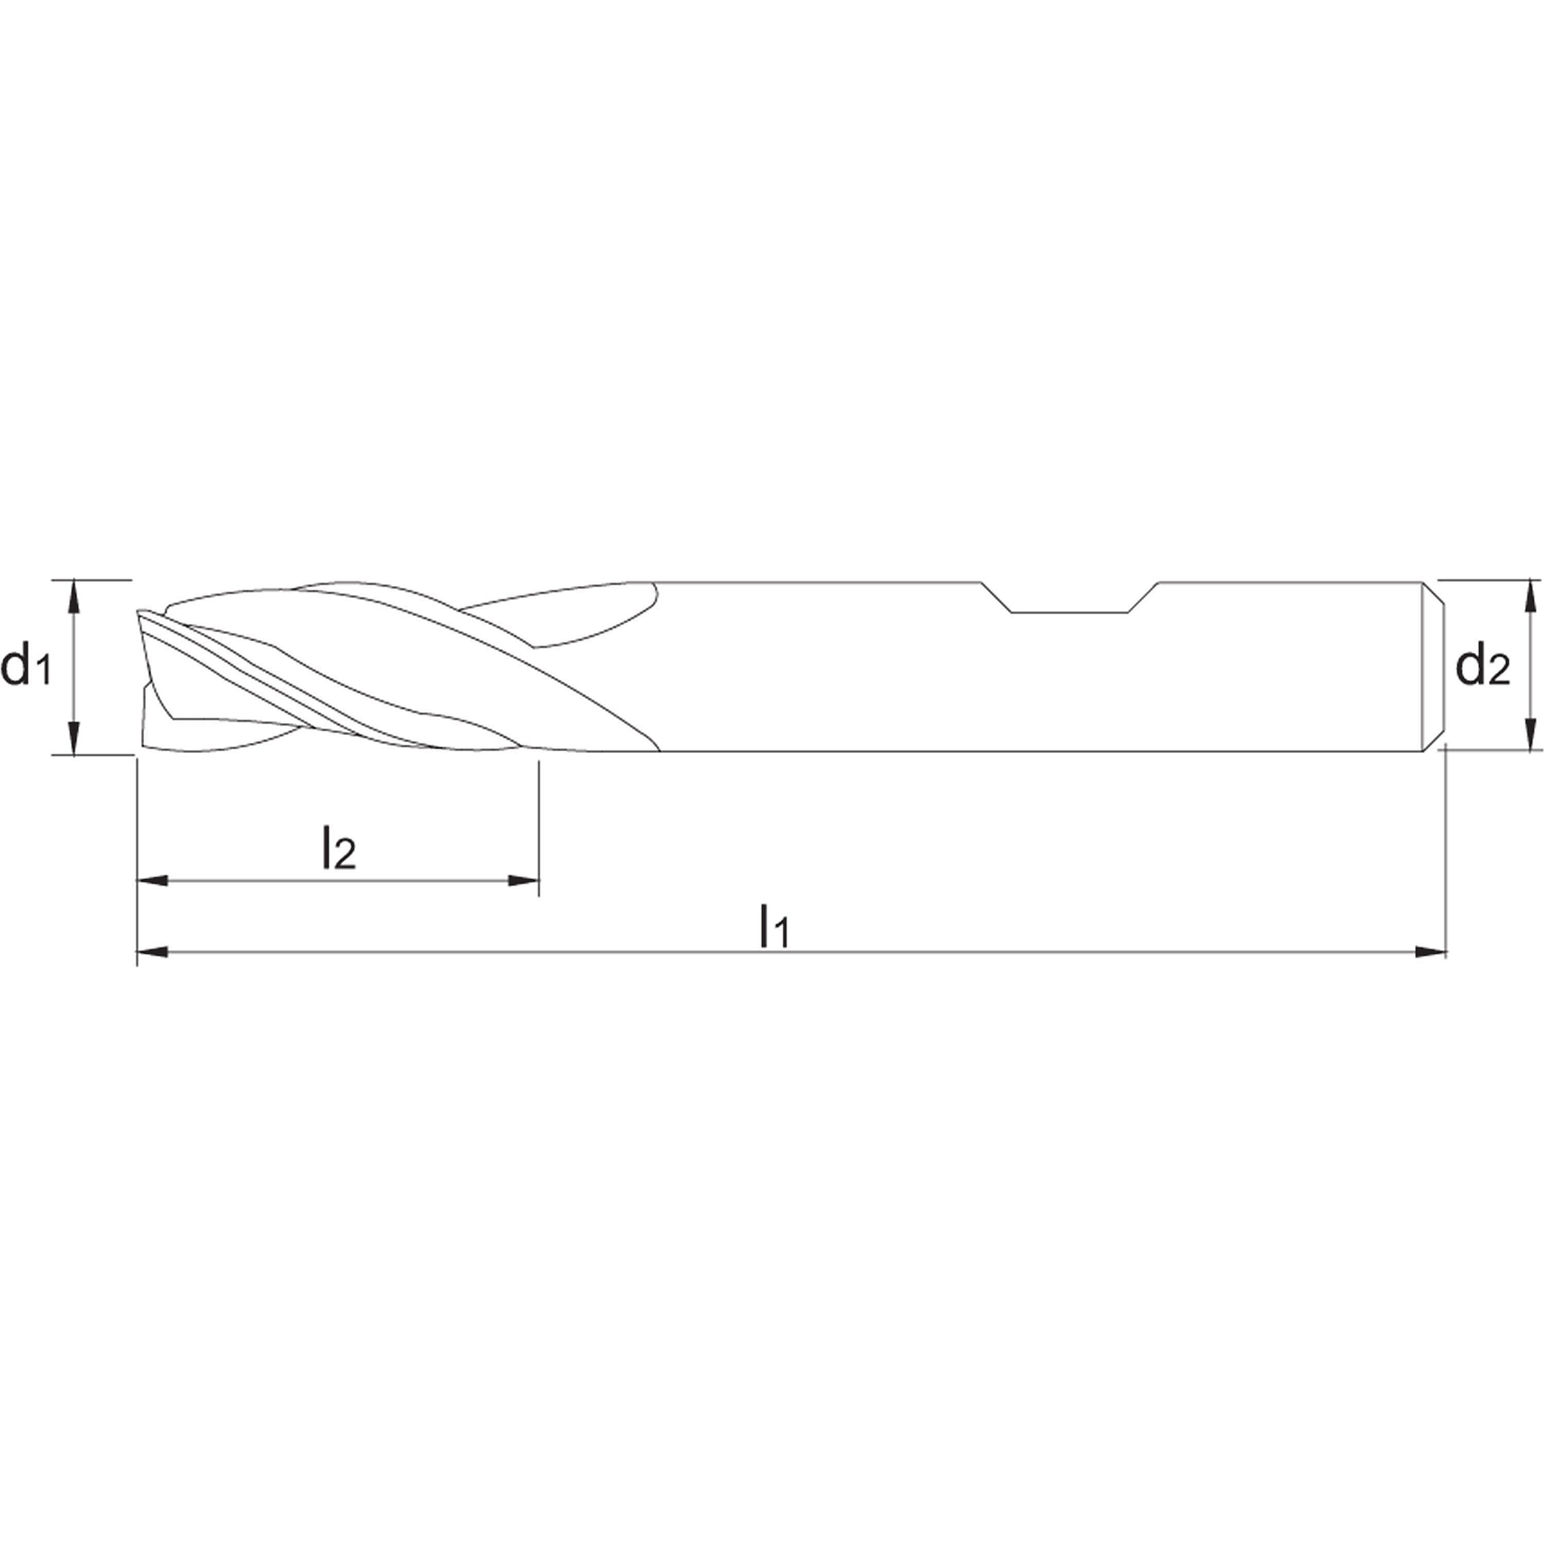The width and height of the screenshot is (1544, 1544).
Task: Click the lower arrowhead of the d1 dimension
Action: tap(74, 739)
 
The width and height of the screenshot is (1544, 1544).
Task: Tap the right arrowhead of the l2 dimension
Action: tap(523, 881)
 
